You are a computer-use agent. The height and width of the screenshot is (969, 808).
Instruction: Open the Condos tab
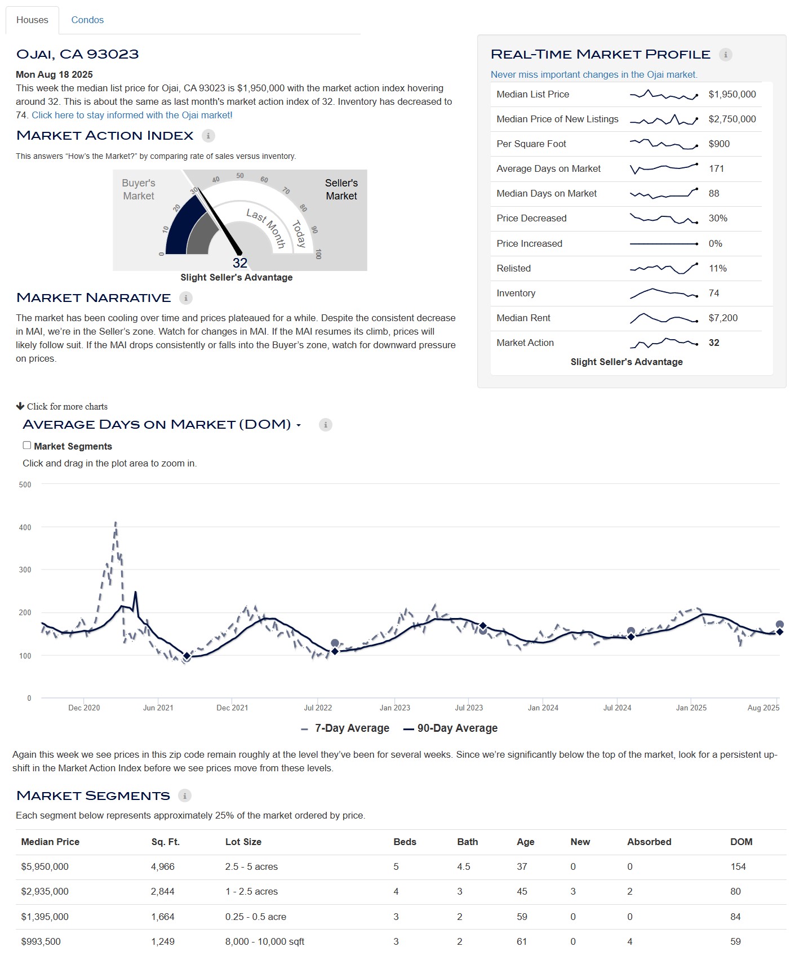[87, 20]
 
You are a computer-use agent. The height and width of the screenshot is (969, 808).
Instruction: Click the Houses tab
[32, 20]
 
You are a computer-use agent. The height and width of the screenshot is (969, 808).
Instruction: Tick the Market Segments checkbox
[27, 446]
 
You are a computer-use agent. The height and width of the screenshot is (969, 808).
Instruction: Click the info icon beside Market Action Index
[208, 136]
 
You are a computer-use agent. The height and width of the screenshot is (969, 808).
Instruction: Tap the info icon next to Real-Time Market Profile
[726, 55]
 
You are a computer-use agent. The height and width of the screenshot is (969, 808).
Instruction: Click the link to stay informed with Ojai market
[132, 115]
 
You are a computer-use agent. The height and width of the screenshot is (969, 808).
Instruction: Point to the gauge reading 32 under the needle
[240, 263]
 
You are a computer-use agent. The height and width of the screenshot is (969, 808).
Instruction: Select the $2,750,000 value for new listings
[732, 119]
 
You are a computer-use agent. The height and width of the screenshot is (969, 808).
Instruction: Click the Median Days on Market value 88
[714, 193]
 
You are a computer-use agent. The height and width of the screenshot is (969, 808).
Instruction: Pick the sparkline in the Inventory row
[664, 293]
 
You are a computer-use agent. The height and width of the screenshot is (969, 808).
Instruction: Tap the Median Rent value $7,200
[723, 318]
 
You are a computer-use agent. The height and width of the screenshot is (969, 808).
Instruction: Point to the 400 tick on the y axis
[25, 527]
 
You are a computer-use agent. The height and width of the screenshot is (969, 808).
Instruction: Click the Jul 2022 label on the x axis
[318, 708]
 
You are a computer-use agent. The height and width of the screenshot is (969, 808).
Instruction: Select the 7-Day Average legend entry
[345, 728]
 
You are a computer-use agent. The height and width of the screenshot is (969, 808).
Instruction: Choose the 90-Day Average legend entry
[451, 728]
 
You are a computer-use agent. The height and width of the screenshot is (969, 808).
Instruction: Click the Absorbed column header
[649, 842]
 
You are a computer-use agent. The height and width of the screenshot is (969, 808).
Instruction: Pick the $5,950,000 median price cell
[45, 866]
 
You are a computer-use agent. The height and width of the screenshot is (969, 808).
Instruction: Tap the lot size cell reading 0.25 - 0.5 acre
[256, 917]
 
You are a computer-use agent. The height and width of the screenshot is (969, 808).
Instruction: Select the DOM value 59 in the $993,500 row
[735, 941]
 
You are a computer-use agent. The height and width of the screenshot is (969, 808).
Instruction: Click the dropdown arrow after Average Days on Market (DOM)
[299, 425]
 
